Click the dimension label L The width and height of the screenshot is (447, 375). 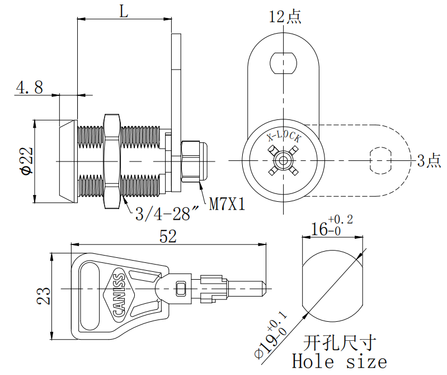tap(124, 11)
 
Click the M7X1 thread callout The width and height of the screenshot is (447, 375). tap(228, 204)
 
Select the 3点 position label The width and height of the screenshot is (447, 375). tap(429, 161)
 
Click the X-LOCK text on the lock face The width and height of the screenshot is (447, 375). tap(284, 137)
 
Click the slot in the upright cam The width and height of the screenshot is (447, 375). tap(283, 62)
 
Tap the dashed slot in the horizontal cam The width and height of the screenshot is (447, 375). tap(380, 160)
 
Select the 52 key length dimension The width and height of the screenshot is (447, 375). tap(168, 237)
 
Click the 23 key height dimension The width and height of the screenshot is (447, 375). tap(45, 295)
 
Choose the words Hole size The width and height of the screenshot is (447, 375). tap(339, 362)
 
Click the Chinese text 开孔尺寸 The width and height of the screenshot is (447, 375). tap(338, 342)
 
